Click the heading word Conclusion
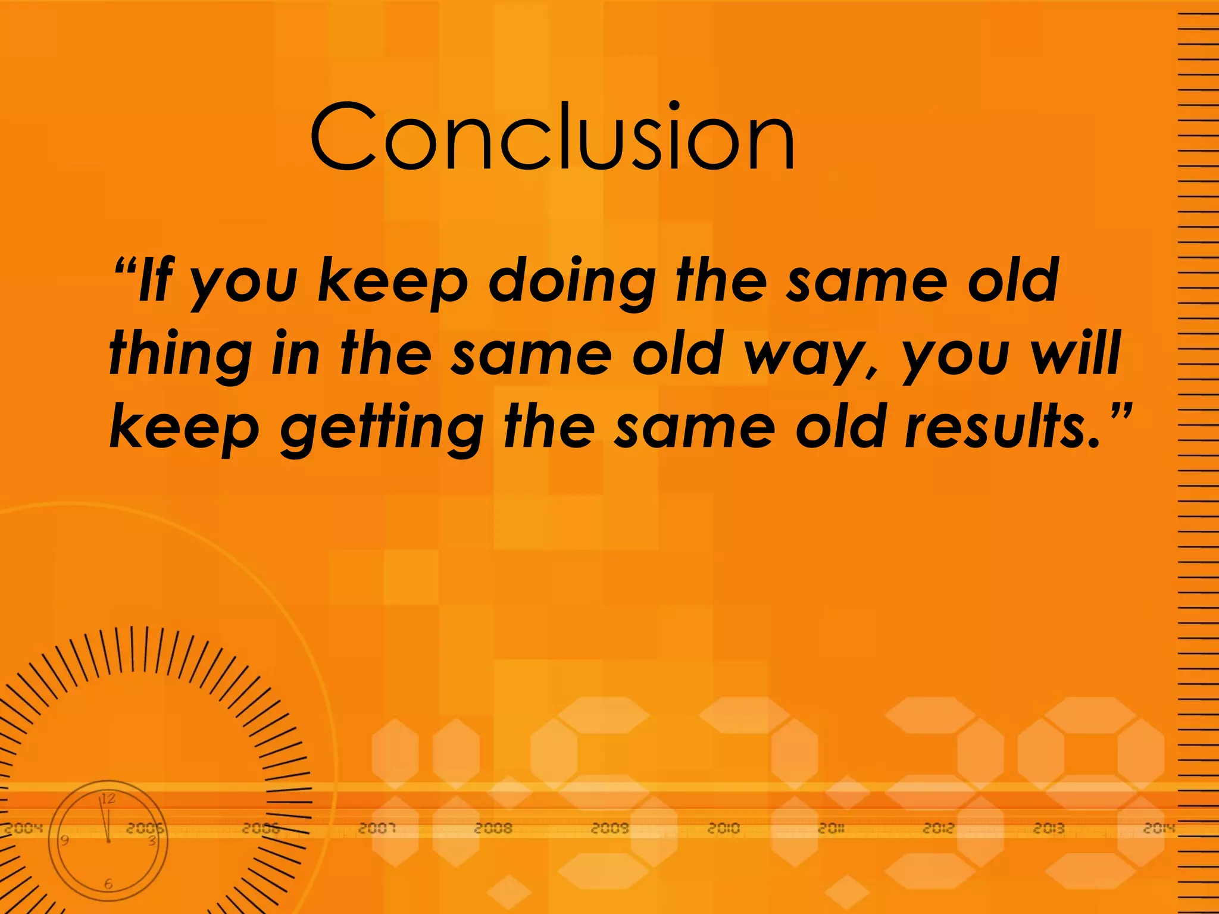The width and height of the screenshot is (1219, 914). click(552, 137)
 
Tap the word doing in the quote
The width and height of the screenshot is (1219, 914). click(571, 281)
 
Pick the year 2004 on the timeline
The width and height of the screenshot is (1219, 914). click(24, 828)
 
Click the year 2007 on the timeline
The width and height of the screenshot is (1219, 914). click(377, 828)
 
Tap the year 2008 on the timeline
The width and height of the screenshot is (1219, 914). click(493, 828)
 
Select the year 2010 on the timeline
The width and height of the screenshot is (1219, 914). click(723, 828)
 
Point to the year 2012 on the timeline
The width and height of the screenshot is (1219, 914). click(938, 828)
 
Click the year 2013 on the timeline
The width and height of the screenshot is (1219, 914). click(1049, 828)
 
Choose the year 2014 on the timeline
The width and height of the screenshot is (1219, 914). click(1158, 828)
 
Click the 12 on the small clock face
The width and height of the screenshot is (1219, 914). click(108, 799)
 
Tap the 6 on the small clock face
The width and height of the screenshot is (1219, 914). click(108, 884)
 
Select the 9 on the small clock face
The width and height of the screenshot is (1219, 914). click(65, 840)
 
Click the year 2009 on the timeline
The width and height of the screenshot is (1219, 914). click(609, 828)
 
